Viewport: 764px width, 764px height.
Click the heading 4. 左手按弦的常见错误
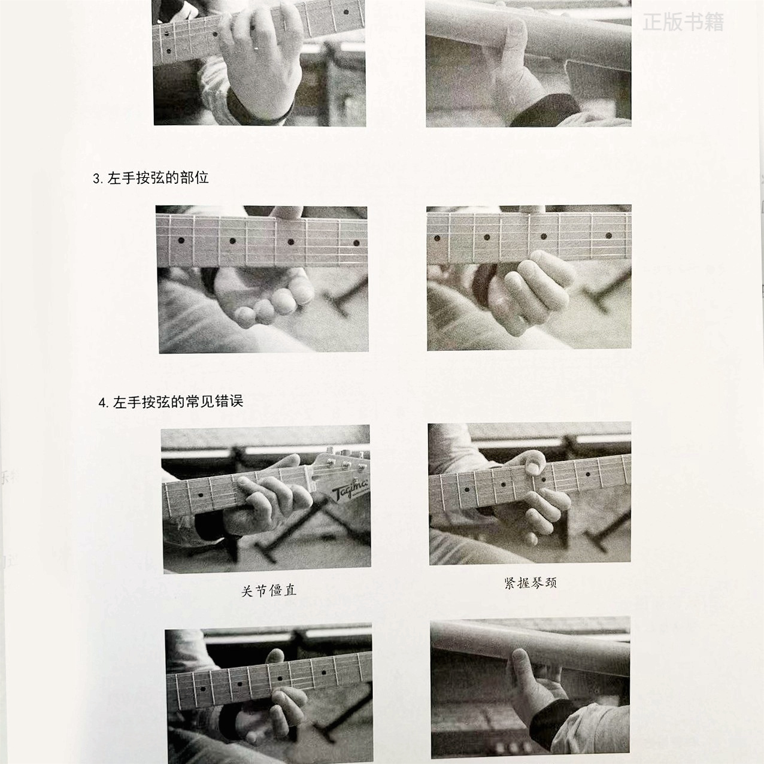pos(171,402)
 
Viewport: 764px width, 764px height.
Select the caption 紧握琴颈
pos(530,583)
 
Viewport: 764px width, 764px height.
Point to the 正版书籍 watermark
pos(683,22)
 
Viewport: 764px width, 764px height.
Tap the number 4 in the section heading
pos(102,403)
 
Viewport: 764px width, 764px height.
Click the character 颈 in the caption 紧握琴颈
pos(551,583)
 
